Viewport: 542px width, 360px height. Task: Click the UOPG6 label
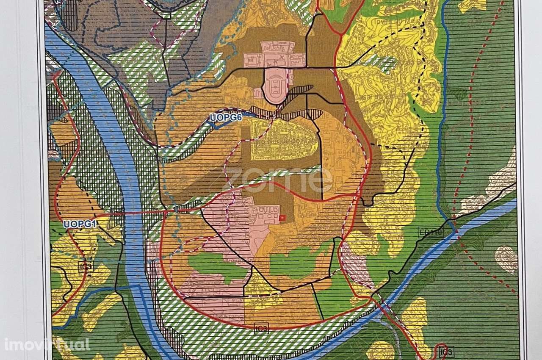click(226, 118)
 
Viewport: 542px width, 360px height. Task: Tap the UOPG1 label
click(81, 224)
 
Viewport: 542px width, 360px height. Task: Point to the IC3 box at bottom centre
click(261, 328)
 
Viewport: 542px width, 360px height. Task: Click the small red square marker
click(282, 218)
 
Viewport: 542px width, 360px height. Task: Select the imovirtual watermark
click(47, 344)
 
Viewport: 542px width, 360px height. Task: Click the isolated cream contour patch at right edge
click(506, 259)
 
